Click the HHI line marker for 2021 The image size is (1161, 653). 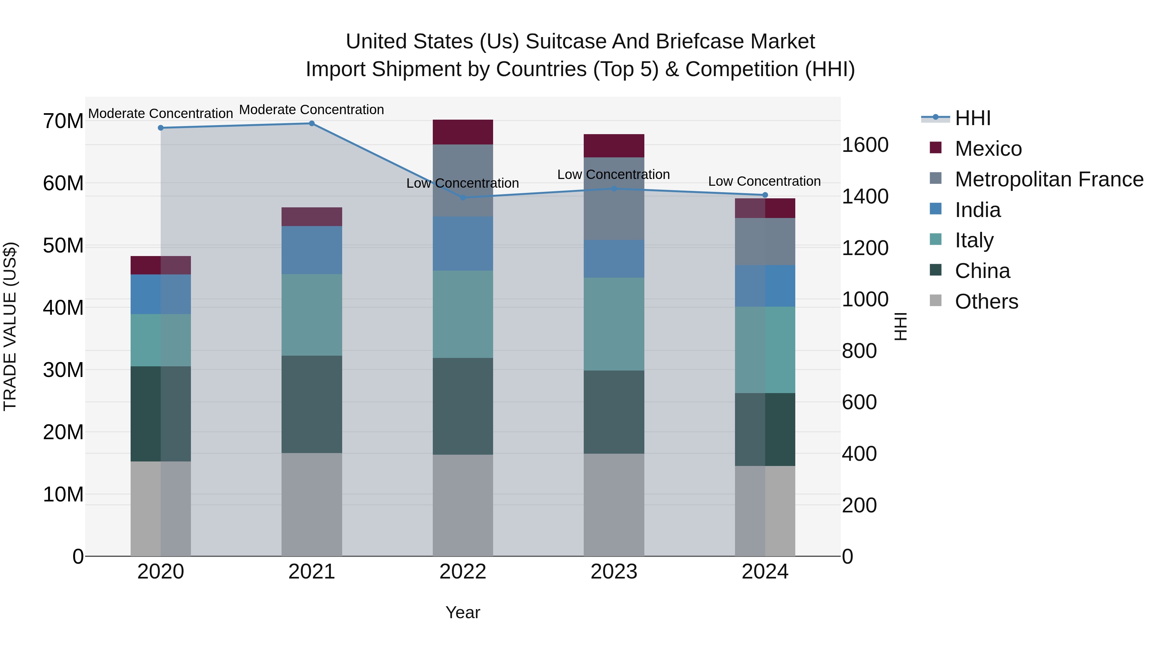click(x=312, y=124)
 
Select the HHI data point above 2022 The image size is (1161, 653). click(x=462, y=197)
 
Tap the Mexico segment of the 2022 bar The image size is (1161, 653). click(x=462, y=132)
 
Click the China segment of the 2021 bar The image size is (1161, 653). click(x=312, y=404)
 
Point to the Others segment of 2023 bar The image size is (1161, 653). click(x=613, y=505)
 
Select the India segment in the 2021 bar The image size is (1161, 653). click(x=312, y=250)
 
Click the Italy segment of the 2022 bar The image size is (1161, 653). click(x=462, y=314)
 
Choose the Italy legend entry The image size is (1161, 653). click(x=974, y=240)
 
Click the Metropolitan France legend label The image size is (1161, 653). click(x=1049, y=179)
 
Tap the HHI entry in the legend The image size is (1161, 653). click(x=973, y=118)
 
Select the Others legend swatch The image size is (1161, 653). click(x=936, y=301)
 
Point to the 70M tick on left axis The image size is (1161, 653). click(x=63, y=121)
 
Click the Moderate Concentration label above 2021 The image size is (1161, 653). click(x=312, y=110)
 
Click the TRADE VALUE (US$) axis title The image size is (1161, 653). click(x=10, y=326)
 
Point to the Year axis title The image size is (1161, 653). click(x=462, y=612)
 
